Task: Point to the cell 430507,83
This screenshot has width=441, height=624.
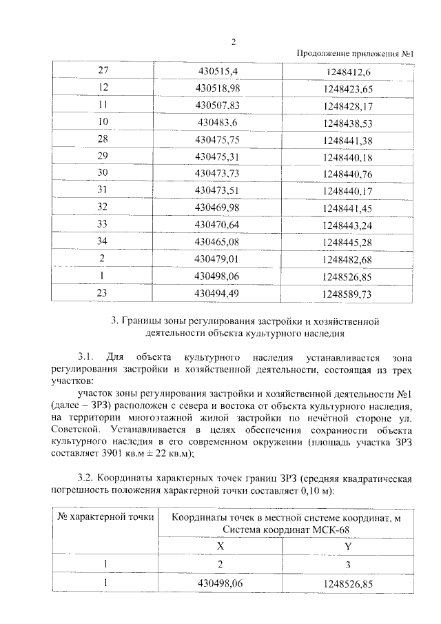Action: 217,105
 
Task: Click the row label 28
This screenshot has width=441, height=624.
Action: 105,139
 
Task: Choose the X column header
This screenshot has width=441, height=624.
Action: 221,545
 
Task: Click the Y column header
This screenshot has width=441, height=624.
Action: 347,545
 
